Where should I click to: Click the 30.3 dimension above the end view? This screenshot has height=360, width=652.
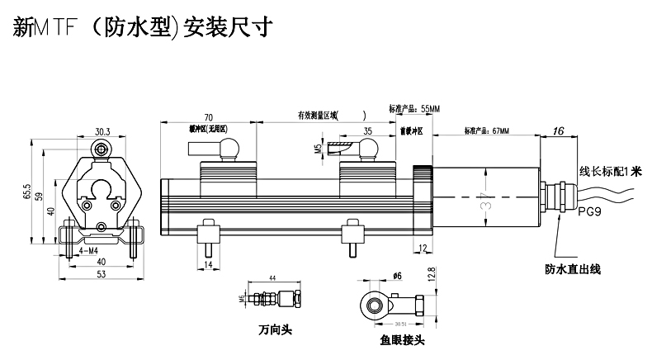click(x=102, y=131)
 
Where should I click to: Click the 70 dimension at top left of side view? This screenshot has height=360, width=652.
click(x=209, y=118)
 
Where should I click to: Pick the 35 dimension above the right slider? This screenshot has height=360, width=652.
click(x=367, y=130)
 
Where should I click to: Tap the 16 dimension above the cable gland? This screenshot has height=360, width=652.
click(x=559, y=130)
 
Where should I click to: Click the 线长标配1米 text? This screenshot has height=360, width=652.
click(x=610, y=172)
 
